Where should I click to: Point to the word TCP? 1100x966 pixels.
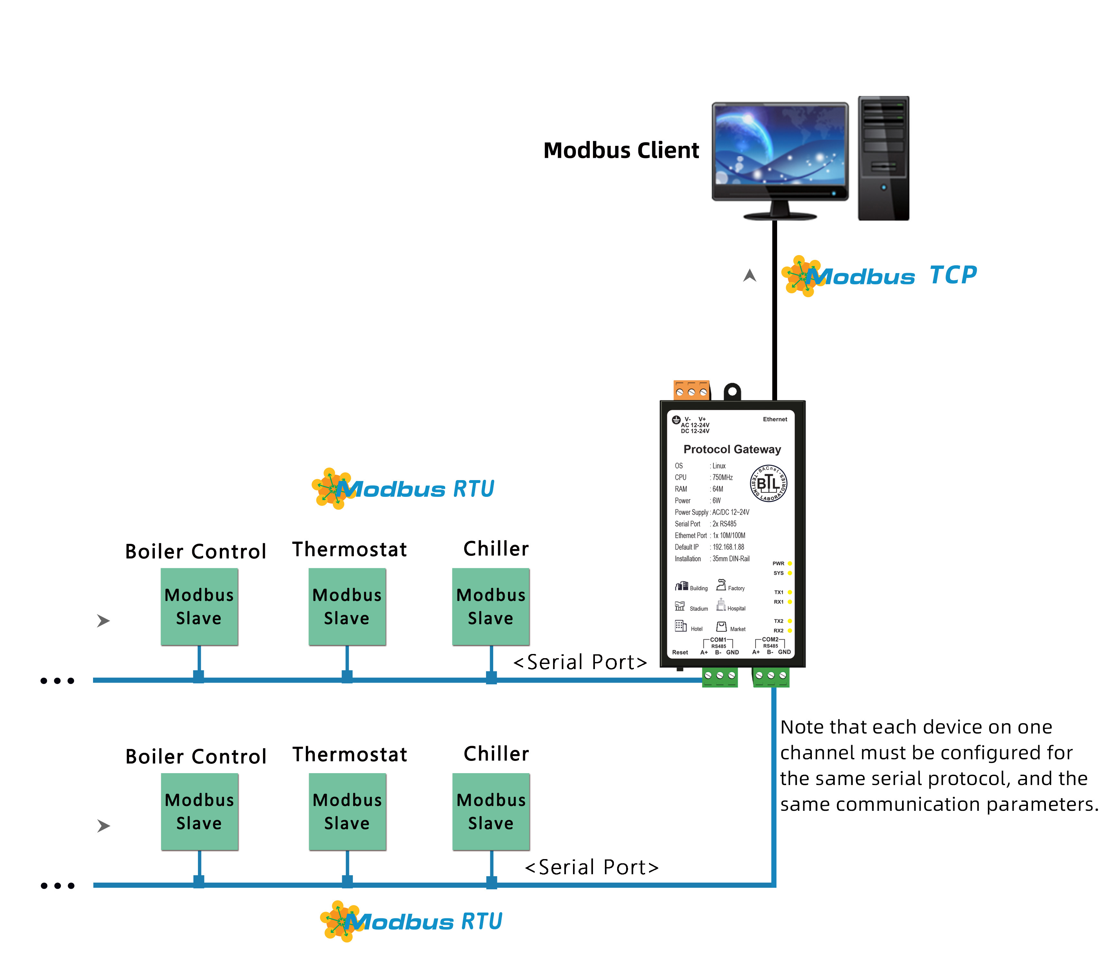[x=953, y=276]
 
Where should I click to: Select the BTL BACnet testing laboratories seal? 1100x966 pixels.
[x=768, y=483]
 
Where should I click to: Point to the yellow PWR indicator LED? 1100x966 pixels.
[x=789, y=563]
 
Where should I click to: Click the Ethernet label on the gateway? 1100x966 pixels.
[x=775, y=419]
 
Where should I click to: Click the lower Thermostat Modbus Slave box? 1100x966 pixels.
[x=347, y=811]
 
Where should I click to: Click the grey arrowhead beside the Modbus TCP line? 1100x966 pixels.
[x=750, y=276]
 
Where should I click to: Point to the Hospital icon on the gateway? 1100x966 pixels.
[x=720, y=605]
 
